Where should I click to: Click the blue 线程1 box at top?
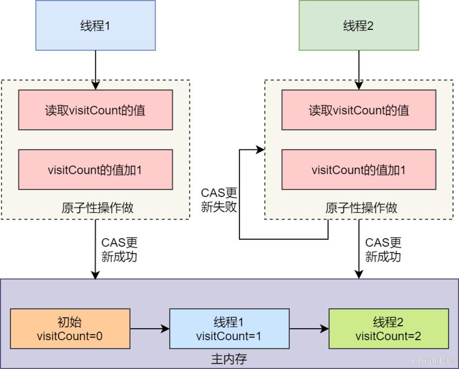coord(95,25)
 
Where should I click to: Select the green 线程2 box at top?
coord(359,25)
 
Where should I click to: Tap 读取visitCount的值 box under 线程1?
coord(95,110)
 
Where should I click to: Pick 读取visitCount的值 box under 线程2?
coord(359,110)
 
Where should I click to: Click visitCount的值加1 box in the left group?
coord(95,170)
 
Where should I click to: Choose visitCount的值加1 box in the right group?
coord(359,170)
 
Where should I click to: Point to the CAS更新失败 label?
coord(219,200)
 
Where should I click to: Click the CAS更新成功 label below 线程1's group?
coord(120,249)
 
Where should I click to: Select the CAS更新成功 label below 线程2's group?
coord(383,249)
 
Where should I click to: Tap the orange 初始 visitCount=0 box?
coord(70,329)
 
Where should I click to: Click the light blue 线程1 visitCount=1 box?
coord(229,329)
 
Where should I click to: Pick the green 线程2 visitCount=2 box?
coord(389,329)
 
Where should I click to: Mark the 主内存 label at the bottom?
coord(229,359)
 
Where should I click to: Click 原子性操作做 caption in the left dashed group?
coord(97,208)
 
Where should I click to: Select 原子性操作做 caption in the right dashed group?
coord(361,208)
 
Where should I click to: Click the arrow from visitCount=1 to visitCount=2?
coord(309,329)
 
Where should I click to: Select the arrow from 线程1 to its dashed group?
coord(95,70)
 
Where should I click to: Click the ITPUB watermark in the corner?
coord(433,361)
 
